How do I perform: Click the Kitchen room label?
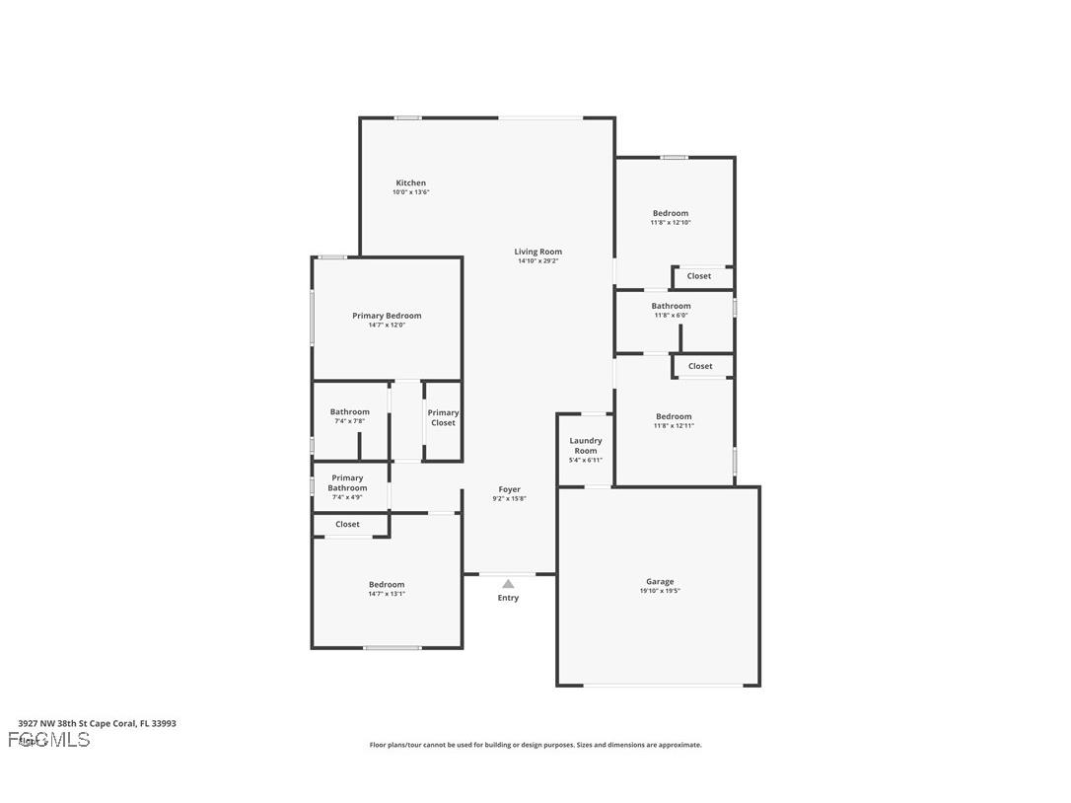(410, 182)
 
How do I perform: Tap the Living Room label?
(537, 252)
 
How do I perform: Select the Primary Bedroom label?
(387, 316)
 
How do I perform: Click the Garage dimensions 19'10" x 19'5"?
(660, 591)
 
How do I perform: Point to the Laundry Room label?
(586, 446)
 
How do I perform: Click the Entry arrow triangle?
(508, 584)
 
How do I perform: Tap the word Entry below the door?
(508, 598)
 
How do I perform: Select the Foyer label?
(509, 489)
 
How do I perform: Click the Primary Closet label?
(443, 418)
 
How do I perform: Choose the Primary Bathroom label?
(347, 483)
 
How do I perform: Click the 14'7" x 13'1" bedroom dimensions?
(387, 594)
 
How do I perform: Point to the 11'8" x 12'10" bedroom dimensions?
(671, 223)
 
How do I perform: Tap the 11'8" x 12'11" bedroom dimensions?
(674, 425)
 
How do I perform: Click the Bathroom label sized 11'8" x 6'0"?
(671, 306)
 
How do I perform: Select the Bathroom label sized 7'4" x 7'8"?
(349, 412)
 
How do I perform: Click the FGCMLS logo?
(49, 740)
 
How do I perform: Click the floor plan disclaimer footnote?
(535, 745)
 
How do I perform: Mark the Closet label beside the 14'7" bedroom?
(347, 525)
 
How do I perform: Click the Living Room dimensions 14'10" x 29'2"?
(537, 261)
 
